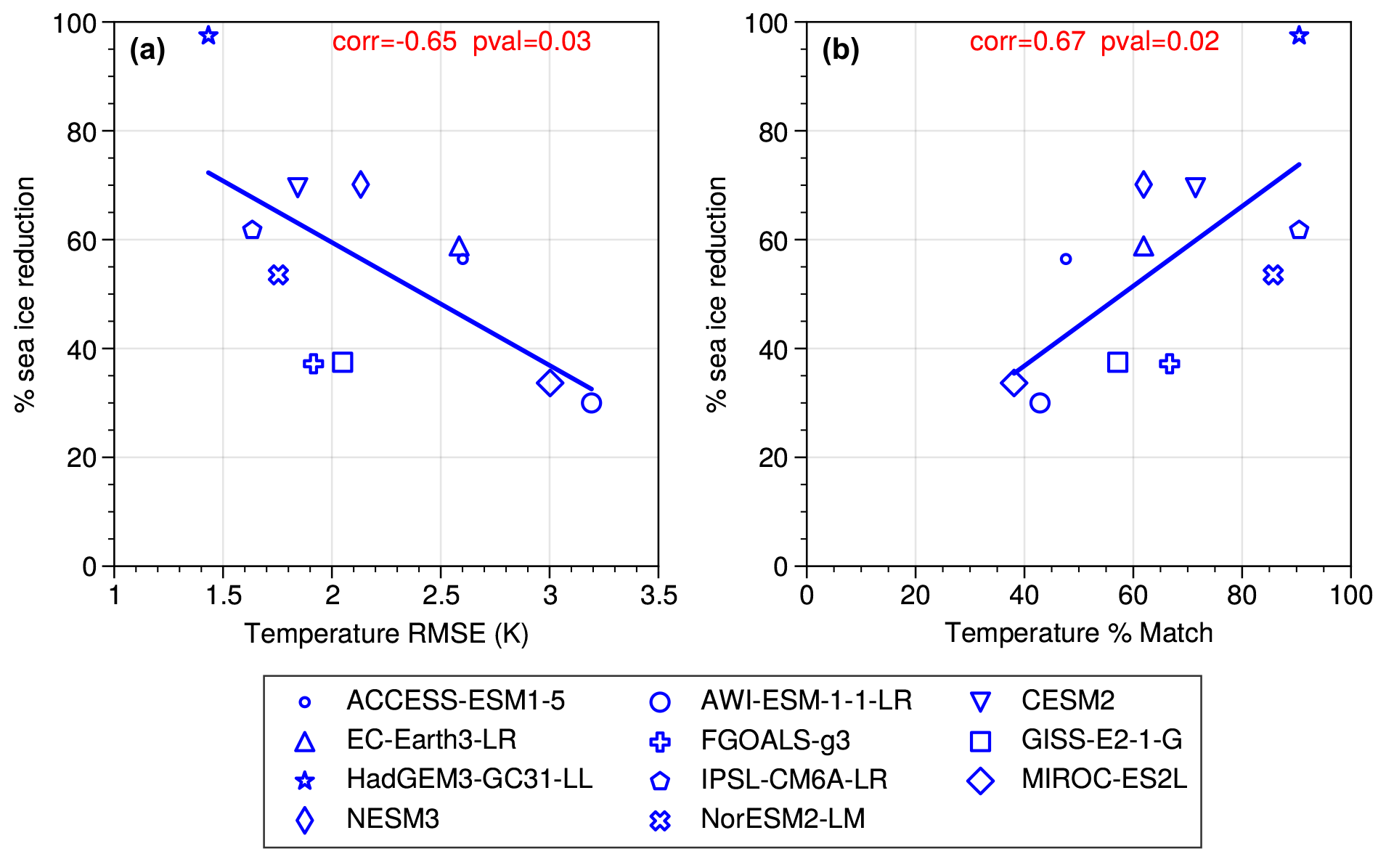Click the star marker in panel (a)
(x=208, y=35)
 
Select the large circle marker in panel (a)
(x=591, y=403)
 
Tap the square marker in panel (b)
(x=1117, y=362)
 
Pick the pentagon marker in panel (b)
(x=1299, y=230)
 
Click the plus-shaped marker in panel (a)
(x=314, y=364)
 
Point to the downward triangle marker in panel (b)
(x=1195, y=187)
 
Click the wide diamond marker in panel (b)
(x=1014, y=383)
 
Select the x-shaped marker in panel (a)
(x=279, y=275)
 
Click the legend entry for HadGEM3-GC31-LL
(x=469, y=779)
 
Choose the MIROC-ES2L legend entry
(x=1104, y=779)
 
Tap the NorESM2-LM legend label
(x=783, y=819)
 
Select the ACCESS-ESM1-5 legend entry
(x=455, y=701)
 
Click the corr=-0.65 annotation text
(x=394, y=41)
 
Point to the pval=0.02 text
(x=1159, y=41)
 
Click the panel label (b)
(x=840, y=50)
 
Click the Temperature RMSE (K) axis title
(x=386, y=633)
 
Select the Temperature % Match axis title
(x=1078, y=633)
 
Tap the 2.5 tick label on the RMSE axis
(x=441, y=595)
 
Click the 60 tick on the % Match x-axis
(x=1133, y=595)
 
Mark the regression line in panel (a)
(x=399, y=280)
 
